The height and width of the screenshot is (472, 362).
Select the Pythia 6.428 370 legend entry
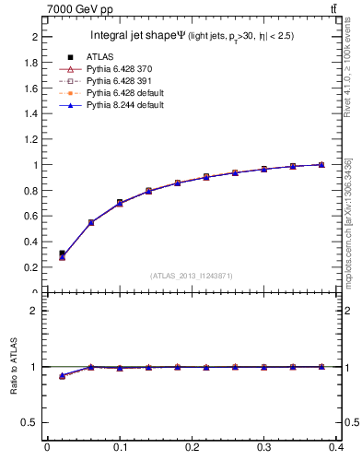111,69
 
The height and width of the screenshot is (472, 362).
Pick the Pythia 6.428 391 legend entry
111,81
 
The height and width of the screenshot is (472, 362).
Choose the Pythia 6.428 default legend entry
117,93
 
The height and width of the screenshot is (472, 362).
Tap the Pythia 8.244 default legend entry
117,105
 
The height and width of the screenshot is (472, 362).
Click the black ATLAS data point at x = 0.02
62,253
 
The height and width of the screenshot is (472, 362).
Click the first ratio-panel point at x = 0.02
62,376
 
